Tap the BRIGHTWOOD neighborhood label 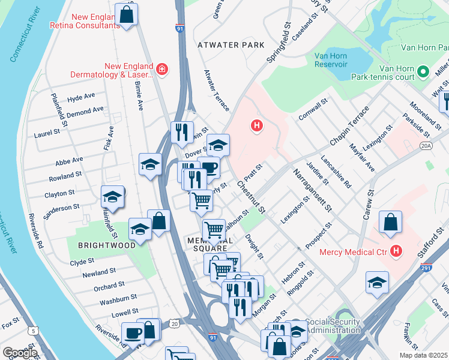(93, 245)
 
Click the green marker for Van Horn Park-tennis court (423, 72)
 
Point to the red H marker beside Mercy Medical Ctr (396, 250)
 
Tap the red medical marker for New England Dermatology (161, 70)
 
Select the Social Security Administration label (333, 326)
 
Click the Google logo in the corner (20, 353)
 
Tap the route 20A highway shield (426, 145)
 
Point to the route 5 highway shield (33, 331)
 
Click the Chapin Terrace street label (349, 127)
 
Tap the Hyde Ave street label (81, 97)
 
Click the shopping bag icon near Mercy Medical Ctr (390, 221)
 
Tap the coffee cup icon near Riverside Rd (132, 332)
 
